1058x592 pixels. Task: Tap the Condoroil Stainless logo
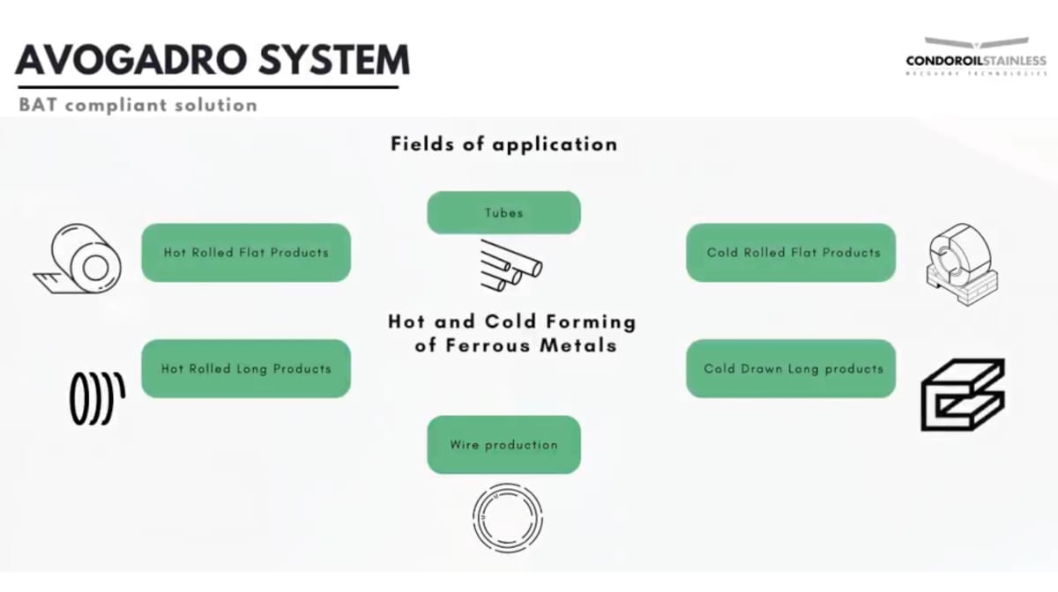click(976, 56)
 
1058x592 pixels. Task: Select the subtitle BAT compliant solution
click(138, 106)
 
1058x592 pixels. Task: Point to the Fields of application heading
click(503, 144)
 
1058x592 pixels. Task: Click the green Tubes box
click(503, 213)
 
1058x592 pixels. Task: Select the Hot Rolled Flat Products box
click(246, 253)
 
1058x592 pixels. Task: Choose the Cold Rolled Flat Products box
click(791, 253)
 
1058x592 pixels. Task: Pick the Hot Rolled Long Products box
click(246, 369)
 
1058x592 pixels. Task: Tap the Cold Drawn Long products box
click(791, 369)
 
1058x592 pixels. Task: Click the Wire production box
click(503, 445)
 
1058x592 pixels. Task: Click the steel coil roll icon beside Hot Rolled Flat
click(78, 257)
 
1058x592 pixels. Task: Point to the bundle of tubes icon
click(510, 265)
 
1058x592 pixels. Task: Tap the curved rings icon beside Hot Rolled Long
click(96, 397)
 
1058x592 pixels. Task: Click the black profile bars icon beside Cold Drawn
click(962, 394)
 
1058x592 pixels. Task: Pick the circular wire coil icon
click(507, 516)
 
